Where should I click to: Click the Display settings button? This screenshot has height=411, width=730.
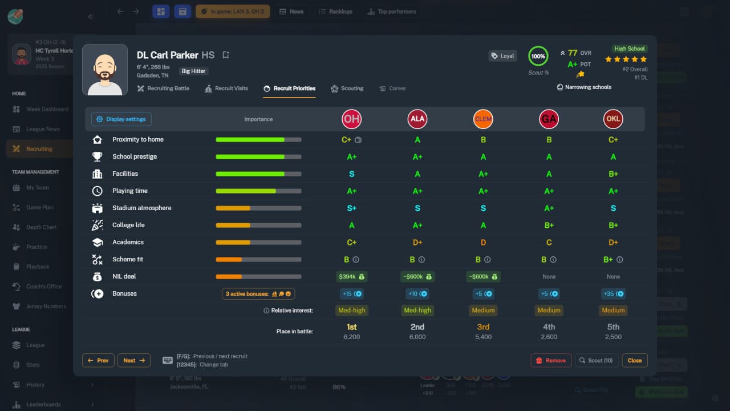pos(121,119)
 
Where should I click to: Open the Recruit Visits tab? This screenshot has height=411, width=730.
pos(226,88)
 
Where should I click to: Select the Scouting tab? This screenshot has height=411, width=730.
pos(347,88)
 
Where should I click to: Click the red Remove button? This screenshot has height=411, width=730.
pos(551,360)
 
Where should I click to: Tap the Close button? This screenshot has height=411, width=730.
pos(635,360)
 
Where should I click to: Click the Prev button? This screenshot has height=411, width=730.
pos(98,360)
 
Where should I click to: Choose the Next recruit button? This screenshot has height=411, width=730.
pos(134,360)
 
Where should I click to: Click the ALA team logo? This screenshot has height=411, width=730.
pos(417,119)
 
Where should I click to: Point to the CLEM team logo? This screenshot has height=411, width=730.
pos(483,119)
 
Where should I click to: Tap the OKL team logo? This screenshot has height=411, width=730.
pos(613,119)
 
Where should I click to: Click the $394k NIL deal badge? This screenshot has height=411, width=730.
pos(351,276)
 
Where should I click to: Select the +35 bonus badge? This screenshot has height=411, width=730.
pos(613,293)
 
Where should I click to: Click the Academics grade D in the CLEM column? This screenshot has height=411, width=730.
pos(483,242)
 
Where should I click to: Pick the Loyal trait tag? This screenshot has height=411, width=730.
pos(502,56)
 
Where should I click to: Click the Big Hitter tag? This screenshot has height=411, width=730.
pos(194,71)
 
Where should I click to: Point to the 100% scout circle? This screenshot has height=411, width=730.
pos(538,56)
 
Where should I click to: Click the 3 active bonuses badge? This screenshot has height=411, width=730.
pos(258,293)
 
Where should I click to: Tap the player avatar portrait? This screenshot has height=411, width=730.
pos(105,70)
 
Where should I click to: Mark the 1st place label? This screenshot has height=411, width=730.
pos(351,327)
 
